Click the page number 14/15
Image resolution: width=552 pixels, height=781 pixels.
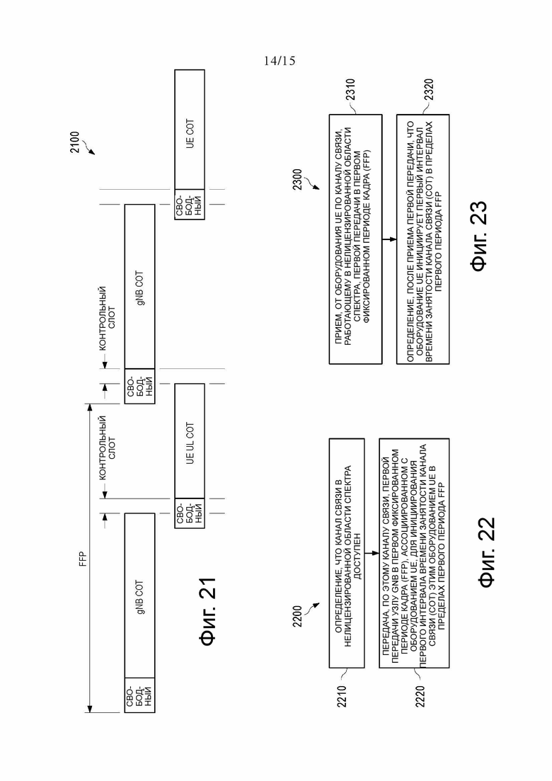tap(280, 61)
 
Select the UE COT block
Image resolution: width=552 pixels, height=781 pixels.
tap(190, 130)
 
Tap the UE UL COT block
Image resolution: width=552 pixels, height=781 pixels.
tap(190, 441)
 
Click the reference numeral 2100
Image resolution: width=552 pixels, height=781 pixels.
tap(74, 142)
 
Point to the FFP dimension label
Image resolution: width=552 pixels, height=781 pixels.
tap(83, 559)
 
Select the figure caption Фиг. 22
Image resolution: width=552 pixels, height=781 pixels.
tap(486, 552)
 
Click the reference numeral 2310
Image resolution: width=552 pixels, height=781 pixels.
tap(351, 89)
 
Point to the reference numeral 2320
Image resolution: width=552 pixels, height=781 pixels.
tap(429, 89)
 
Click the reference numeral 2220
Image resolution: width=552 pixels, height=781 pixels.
tap(420, 696)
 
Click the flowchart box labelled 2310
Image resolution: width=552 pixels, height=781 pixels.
tap(355, 239)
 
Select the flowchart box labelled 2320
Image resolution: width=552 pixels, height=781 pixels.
tap(423, 239)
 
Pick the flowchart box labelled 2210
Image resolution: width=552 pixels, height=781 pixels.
tap(347, 553)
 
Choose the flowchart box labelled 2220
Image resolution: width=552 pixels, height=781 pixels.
tap(414, 553)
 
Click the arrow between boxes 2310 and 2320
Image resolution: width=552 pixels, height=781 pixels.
tap(389, 239)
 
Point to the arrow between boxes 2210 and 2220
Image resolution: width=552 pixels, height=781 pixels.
tap(372, 553)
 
